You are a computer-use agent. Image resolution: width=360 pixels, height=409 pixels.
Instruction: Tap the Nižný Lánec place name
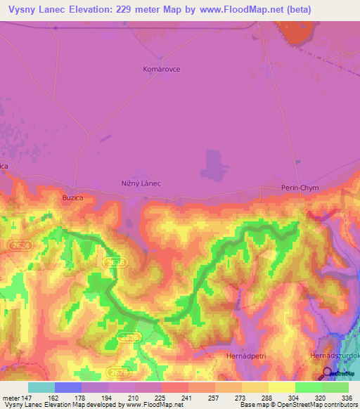pos(141,183)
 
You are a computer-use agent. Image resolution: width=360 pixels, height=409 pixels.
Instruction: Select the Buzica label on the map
pos(72,198)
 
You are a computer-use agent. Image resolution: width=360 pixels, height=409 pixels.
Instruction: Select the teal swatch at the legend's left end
pos(41,387)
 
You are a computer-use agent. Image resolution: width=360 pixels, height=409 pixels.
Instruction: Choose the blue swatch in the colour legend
pos(68,387)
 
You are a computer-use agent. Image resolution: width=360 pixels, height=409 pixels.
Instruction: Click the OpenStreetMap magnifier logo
pos(328,375)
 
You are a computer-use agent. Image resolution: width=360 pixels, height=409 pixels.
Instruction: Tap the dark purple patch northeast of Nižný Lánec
pos(214,165)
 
